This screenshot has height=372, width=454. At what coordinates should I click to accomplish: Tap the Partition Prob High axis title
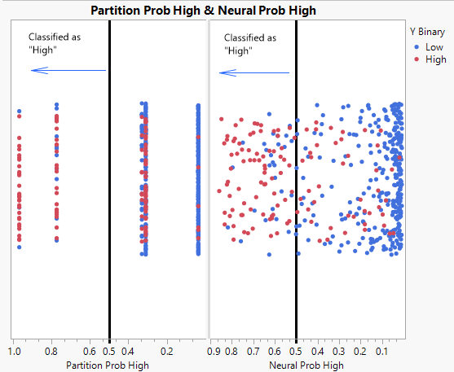108,365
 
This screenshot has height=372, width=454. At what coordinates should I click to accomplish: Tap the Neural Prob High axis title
306,365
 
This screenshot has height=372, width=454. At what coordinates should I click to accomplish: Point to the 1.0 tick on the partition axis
14,352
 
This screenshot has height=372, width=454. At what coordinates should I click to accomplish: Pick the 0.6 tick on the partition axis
90,352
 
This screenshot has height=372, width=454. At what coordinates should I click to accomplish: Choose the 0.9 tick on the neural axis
213,352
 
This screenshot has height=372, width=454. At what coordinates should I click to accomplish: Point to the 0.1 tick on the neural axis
381,352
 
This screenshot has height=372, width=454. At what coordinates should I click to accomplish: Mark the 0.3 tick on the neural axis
338,352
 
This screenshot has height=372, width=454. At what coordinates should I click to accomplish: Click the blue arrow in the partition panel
68,71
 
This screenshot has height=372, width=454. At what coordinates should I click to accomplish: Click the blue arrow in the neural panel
254,72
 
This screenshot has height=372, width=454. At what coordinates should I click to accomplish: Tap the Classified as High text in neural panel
249,44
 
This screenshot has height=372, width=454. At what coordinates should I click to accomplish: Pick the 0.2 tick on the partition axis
167,352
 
